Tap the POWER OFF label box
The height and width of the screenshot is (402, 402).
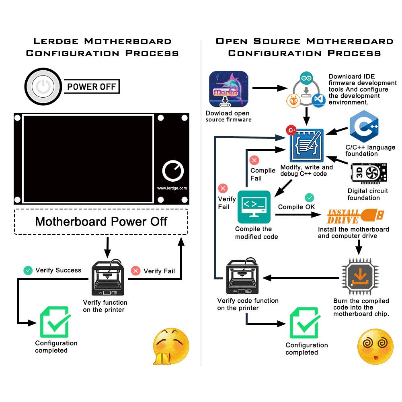[91, 86]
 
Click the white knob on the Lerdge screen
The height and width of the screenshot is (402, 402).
[173, 171]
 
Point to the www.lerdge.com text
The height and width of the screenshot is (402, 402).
[172, 188]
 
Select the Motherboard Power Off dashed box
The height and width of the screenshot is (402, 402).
[101, 222]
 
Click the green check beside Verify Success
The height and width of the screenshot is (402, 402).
[28, 271]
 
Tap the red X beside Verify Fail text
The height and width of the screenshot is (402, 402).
[136, 271]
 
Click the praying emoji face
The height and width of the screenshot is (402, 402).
[171, 346]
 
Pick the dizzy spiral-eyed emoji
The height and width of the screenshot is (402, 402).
[375, 347]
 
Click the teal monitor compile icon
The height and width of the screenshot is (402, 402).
[254, 207]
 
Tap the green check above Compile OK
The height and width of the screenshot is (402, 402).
[309, 197]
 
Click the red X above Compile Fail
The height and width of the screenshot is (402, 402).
[254, 161]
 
